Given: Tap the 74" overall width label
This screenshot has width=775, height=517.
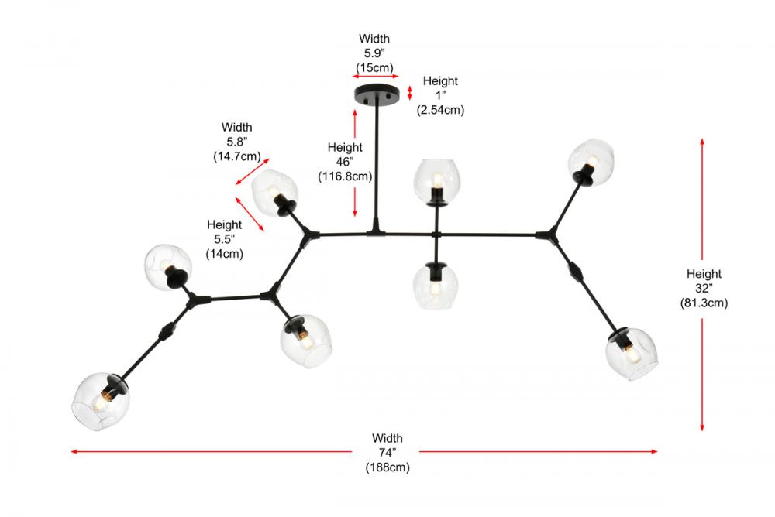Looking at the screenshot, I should pos(387,453).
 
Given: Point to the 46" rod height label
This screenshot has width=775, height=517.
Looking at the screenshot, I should pos(345,161).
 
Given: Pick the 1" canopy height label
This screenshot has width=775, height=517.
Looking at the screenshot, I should pos(440,95).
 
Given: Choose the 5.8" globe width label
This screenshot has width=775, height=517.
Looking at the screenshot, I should pos(236,141).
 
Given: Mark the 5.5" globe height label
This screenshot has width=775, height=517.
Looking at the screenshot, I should pos(224,238).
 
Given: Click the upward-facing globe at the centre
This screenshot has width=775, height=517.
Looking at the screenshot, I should pos(435,179).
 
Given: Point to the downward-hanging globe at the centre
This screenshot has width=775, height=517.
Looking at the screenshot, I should pos(433,286).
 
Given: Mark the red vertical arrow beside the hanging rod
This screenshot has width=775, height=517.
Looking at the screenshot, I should pos(355,163).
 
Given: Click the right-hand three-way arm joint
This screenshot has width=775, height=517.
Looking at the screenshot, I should pos(553,232).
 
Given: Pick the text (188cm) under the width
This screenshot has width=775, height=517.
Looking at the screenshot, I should pos(387,467).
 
